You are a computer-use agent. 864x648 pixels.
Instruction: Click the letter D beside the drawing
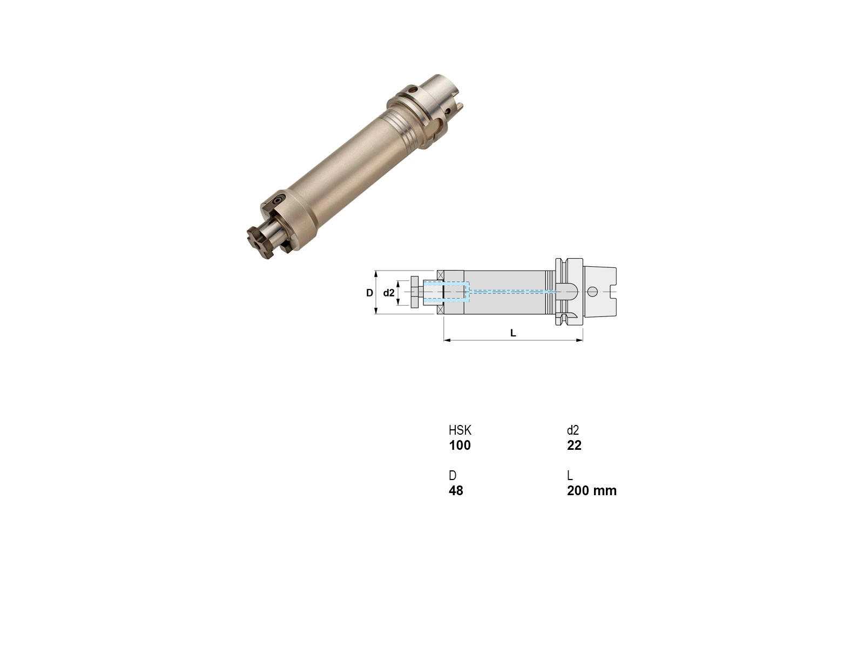[369, 293]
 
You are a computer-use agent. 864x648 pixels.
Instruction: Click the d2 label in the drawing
[388, 293]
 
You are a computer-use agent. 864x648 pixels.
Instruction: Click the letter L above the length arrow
[513, 333]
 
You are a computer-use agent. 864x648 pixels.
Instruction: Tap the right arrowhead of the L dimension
[579, 340]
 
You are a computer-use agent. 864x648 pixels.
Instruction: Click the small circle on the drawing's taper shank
[592, 292]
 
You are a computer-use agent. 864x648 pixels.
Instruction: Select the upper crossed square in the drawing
[441, 274]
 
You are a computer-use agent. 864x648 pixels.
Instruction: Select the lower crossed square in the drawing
[441, 310]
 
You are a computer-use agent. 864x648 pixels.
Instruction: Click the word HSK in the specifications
[460, 430]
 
